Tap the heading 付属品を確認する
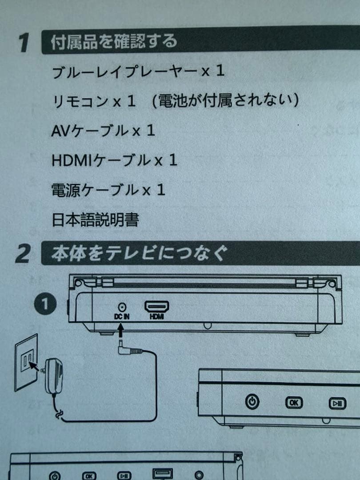coord(114,42)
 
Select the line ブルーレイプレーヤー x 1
coord(138,72)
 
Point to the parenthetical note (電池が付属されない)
coord(224,101)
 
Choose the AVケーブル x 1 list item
coord(103,131)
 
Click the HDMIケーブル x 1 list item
coord(114,160)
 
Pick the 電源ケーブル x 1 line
coord(108,190)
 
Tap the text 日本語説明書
coord(95,220)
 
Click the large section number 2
coord(22,254)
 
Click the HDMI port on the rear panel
coord(157,307)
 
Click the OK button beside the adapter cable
coord(293,403)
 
